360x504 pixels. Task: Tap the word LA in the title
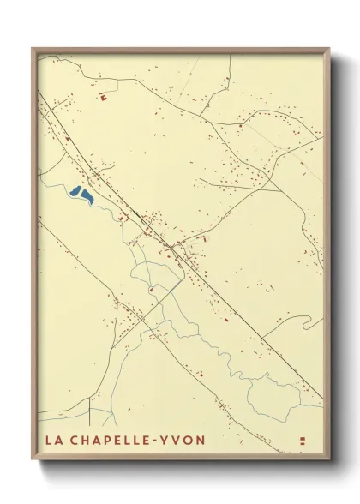pyautogui.click(x=54, y=440)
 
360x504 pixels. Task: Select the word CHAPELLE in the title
pyautogui.click(x=111, y=440)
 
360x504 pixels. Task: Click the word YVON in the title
pyautogui.click(x=186, y=440)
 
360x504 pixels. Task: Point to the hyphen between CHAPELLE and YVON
pyautogui.click(x=161, y=440)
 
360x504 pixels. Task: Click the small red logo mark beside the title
pyautogui.click(x=302, y=440)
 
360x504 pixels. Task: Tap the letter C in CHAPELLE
pyautogui.click(x=75, y=440)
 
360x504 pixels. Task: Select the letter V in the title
pyautogui.click(x=180, y=440)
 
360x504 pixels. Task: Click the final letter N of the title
pyautogui.click(x=201, y=440)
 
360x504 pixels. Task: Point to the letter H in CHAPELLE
pyautogui.click(x=86, y=440)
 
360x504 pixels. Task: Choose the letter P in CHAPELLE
pyautogui.click(x=108, y=440)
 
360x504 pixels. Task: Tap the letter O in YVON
pyautogui.click(x=190, y=440)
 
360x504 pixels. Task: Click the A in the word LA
pyautogui.click(x=58, y=440)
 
